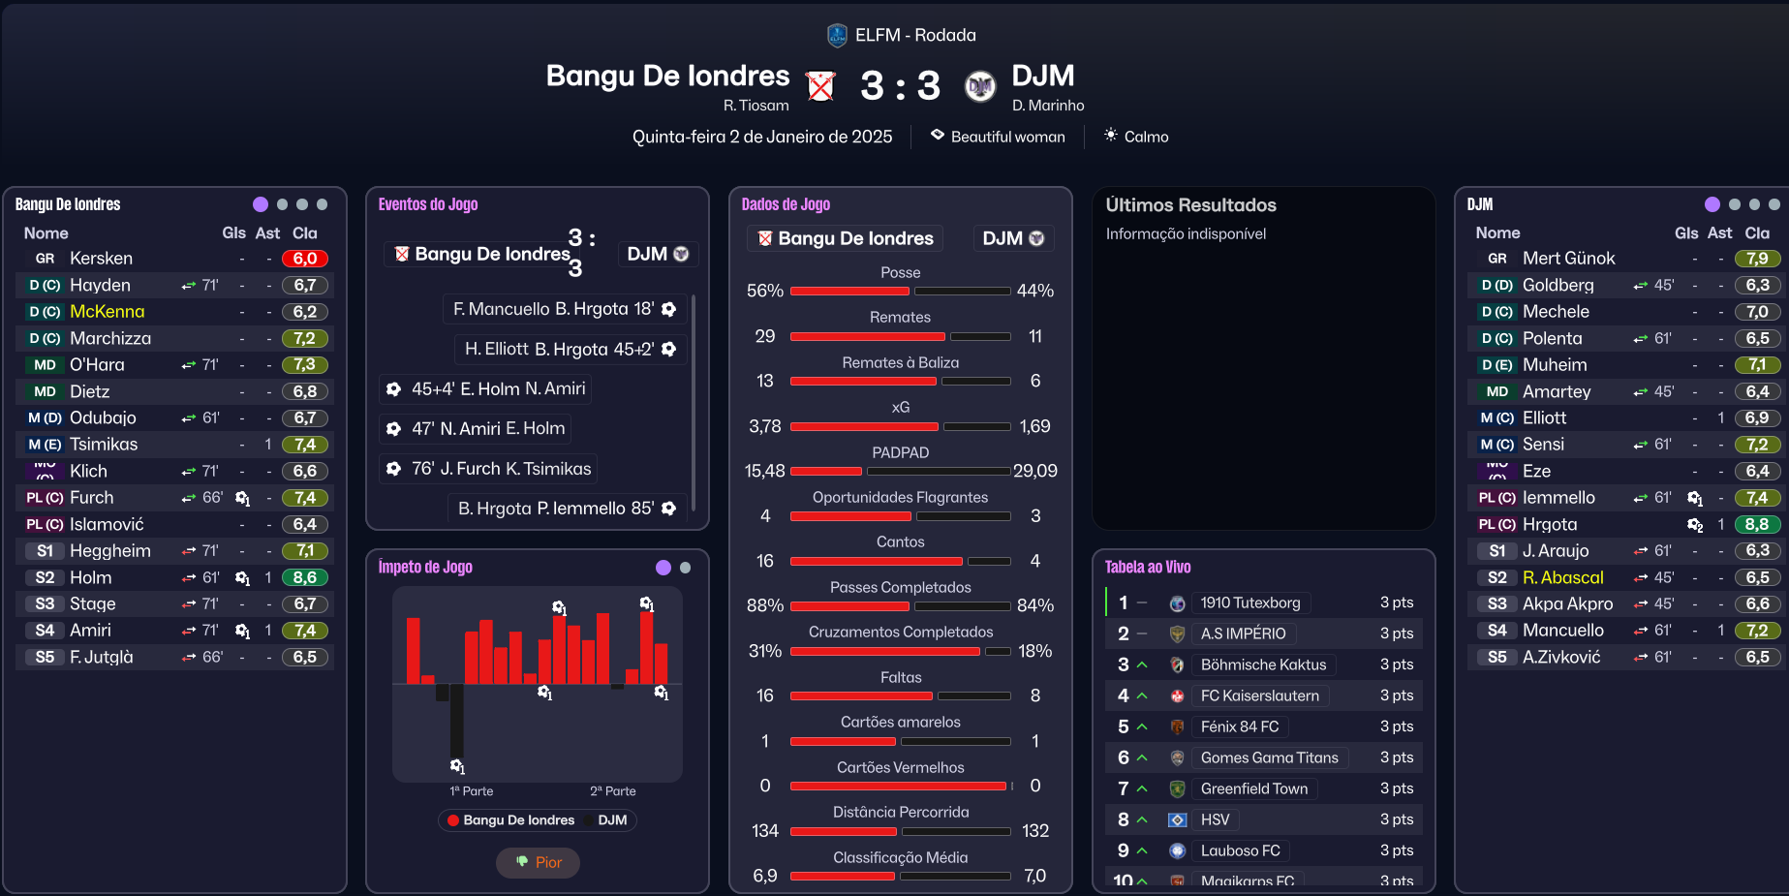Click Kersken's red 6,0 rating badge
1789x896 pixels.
[x=304, y=259]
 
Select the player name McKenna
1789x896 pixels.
[x=107, y=312]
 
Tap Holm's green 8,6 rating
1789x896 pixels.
[x=304, y=577]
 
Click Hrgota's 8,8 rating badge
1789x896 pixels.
[x=1757, y=524]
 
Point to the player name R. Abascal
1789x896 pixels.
[x=1562, y=577]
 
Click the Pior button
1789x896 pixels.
[x=538, y=862]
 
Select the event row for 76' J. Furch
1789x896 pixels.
[x=488, y=469]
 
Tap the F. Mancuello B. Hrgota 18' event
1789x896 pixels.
[x=565, y=309]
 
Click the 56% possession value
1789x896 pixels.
[x=764, y=291]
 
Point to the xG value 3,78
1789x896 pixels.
[x=764, y=426]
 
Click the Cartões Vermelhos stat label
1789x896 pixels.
[x=900, y=767]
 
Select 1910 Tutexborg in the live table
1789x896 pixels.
[x=1249, y=602]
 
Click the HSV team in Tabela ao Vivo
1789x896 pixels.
[x=1215, y=819]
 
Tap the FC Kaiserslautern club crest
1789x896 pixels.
[x=1178, y=695]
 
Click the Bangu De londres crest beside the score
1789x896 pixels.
[x=821, y=86]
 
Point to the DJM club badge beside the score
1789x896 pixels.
[x=980, y=86]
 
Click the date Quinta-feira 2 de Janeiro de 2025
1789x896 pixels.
[x=762, y=137]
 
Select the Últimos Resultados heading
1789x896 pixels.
[x=1190, y=205]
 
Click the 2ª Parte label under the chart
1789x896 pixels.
[x=612, y=791]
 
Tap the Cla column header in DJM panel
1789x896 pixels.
[x=1756, y=232]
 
